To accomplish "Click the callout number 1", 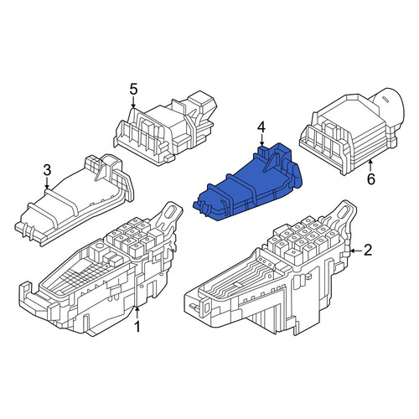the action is [137, 326].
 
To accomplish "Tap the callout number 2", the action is [368, 251].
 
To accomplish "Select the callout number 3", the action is [47, 170].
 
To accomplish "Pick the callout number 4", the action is [261, 127].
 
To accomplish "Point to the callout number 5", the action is [133, 90].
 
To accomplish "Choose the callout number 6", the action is [370, 179].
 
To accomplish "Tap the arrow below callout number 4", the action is [261, 140].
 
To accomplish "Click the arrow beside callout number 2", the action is [355, 251].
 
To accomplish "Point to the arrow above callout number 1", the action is [137, 313].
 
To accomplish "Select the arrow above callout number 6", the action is [370, 166].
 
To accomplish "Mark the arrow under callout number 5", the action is [133, 102].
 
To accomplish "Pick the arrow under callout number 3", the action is [47, 184].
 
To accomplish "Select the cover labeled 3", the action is [75, 199].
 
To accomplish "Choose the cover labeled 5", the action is [165, 128].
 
